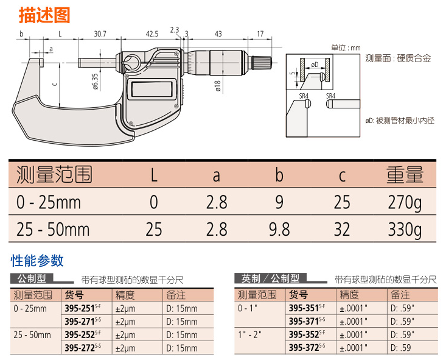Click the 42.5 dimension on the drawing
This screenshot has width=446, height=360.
152,34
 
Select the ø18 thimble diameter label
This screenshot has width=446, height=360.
217,86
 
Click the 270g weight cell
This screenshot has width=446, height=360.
405,202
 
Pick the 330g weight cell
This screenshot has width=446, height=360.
405,230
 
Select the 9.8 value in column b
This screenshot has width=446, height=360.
279,230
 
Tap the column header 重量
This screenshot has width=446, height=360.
405,175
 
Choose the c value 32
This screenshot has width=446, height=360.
342,230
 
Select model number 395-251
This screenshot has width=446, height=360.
80,308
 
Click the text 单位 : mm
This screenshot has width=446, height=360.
346,48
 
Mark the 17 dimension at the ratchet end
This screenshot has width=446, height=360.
260,34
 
